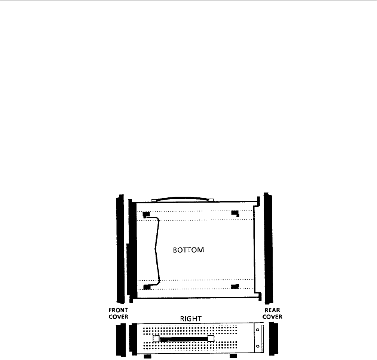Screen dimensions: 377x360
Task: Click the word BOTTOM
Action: (188, 250)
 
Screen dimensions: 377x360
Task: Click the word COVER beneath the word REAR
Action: (272, 317)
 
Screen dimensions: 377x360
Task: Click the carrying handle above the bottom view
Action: (182, 199)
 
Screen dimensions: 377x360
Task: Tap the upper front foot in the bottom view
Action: (146, 214)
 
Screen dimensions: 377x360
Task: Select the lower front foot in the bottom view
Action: (147, 287)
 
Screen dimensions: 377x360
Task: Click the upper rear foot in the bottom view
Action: (235, 213)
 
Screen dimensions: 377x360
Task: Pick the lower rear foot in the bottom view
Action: (235, 287)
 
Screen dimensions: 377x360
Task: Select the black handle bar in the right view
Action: (184, 339)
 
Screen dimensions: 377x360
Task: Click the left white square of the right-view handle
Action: (156, 339)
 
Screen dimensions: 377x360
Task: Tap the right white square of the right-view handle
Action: (211, 339)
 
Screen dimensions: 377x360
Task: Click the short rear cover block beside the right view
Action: (273, 339)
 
